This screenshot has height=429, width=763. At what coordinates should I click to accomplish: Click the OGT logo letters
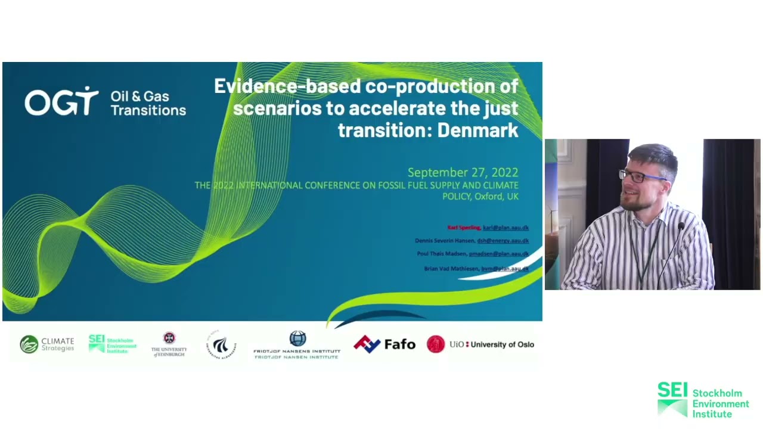click(61, 102)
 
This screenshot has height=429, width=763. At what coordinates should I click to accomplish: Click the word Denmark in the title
click(477, 130)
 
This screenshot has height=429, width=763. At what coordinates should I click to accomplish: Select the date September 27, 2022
click(463, 173)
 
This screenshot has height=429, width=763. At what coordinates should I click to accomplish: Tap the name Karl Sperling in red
click(464, 228)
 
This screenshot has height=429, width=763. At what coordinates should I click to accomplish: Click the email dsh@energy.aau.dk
click(503, 241)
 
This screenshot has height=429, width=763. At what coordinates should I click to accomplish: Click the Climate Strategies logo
click(47, 344)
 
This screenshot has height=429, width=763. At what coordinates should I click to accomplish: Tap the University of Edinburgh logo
click(169, 344)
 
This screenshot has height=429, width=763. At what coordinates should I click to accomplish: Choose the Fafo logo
click(384, 344)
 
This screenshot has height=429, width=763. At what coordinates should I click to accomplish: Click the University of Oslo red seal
click(436, 344)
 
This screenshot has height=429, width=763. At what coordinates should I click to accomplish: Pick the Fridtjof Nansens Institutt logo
click(297, 345)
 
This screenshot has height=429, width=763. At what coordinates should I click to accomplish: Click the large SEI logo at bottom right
click(703, 400)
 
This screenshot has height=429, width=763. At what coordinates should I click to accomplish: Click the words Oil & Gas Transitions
click(148, 103)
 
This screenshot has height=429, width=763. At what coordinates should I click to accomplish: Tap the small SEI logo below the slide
click(112, 344)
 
